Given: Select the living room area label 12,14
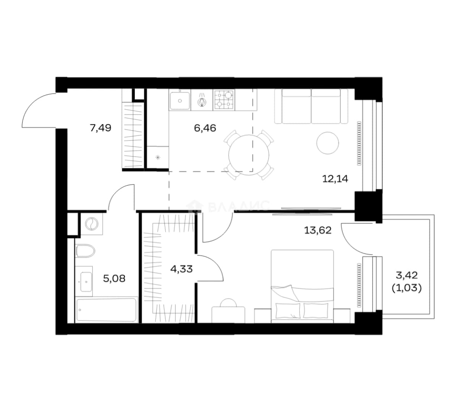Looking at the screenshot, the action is tap(335, 179).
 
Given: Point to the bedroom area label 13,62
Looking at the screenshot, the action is tap(318, 230).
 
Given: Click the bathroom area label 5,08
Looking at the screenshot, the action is tap(114, 278).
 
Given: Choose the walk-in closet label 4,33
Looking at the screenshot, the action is tap(181, 269).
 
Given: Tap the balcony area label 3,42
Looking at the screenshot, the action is tap(407, 275).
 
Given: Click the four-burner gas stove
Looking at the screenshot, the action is tap(224, 100).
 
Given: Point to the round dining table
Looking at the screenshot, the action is tap(249, 155).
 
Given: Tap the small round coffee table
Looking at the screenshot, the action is tap(328, 143).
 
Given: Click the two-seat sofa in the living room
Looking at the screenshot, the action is tap(311, 106).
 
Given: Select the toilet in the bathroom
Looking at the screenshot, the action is tap(85, 251).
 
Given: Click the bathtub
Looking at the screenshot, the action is tap(106, 309).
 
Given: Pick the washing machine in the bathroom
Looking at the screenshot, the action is tap(92, 224).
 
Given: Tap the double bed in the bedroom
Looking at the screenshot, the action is tap(302, 286).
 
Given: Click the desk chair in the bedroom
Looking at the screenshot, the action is tap(228, 303).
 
